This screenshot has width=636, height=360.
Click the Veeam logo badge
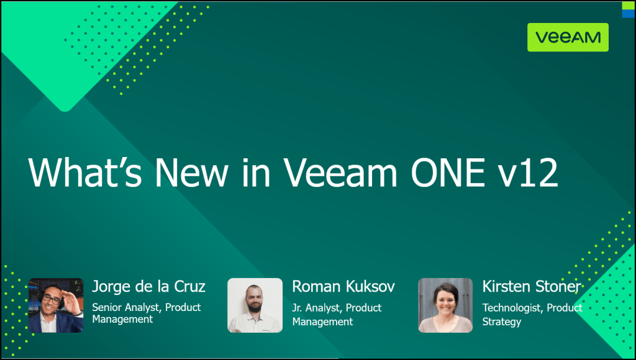(x=568, y=37)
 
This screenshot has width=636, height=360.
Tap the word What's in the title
(x=85, y=173)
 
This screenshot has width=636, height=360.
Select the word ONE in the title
(x=448, y=173)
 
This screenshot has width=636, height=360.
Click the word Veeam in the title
(x=340, y=173)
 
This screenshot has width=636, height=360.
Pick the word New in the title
(x=191, y=173)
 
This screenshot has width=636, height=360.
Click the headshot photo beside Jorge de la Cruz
(x=56, y=305)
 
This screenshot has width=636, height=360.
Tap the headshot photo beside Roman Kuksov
(x=255, y=305)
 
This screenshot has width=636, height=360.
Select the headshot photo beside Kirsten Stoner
(x=445, y=305)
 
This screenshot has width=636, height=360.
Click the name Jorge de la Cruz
(x=149, y=286)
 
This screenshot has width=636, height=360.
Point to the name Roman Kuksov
(x=343, y=286)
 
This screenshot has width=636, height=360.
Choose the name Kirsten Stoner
(x=532, y=286)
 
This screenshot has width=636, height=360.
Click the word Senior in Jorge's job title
(x=106, y=307)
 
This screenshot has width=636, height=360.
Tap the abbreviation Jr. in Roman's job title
(x=297, y=308)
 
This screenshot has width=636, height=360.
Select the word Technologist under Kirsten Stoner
(x=512, y=308)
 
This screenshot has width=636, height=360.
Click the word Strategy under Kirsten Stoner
(x=502, y=322)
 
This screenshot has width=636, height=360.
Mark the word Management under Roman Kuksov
(x=323, y=322)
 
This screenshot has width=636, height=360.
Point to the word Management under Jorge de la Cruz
(x=122, y=319)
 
